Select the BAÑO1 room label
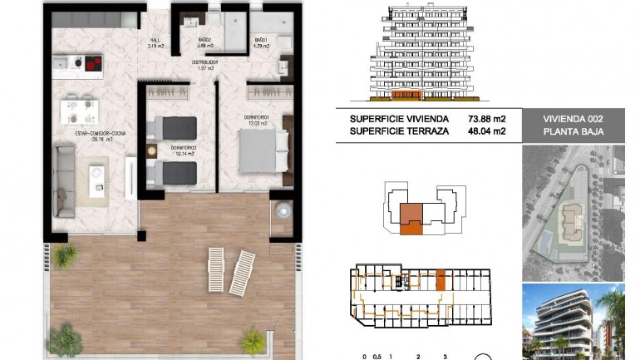261,42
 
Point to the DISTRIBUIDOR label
202,64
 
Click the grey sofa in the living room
63,179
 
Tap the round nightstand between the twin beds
151,151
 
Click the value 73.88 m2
487,119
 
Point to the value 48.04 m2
487,131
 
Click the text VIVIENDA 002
572,119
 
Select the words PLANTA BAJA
572,131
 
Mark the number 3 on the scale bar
446,355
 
